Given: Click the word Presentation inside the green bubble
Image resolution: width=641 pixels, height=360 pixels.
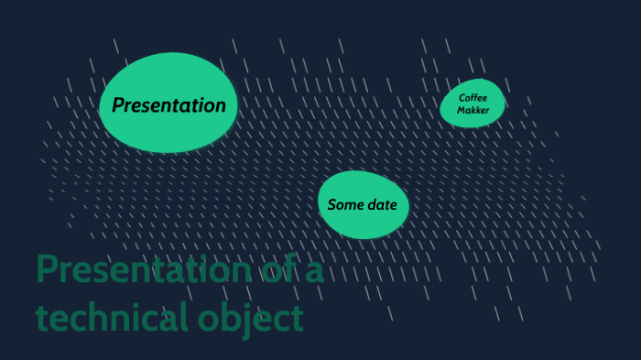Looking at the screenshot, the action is click(x=168, y=105).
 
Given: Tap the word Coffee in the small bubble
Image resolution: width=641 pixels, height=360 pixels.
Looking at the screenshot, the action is click(x=473, y=97).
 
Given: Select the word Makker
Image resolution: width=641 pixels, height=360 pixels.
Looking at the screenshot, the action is click(x=473, y=110).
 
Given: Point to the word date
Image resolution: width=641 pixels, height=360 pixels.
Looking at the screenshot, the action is click(x=382, y=204).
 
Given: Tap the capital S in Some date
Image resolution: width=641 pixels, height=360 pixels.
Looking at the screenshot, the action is click(x=332, y=204).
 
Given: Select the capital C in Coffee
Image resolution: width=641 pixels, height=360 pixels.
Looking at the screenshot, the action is click(x=462, y=97).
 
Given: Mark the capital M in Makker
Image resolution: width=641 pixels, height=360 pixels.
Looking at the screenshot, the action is click(x=462, y=110).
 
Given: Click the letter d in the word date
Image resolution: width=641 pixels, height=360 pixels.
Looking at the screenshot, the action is click(x=371, y=204).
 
